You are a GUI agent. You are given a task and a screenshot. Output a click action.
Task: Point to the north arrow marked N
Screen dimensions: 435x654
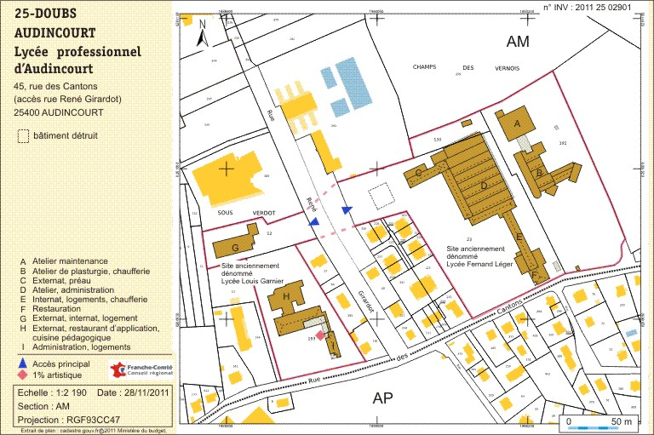pyautogui.click(x=202, y=34)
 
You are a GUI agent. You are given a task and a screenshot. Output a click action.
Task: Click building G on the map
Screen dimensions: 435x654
pyautogui.click(x=236, y=248)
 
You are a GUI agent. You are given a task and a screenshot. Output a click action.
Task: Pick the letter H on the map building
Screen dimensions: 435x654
pyautogui.click(x=286, y=296)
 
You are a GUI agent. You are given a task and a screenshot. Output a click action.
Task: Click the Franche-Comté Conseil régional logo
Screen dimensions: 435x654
pyautogui.click(x=142, y=369)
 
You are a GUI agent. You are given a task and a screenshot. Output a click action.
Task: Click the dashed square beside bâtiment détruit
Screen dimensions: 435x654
pyautogui.click(x=24, y=135)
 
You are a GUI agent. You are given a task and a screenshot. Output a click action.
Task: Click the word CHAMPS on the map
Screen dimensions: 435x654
pyautogui.click(x=429, y=66)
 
